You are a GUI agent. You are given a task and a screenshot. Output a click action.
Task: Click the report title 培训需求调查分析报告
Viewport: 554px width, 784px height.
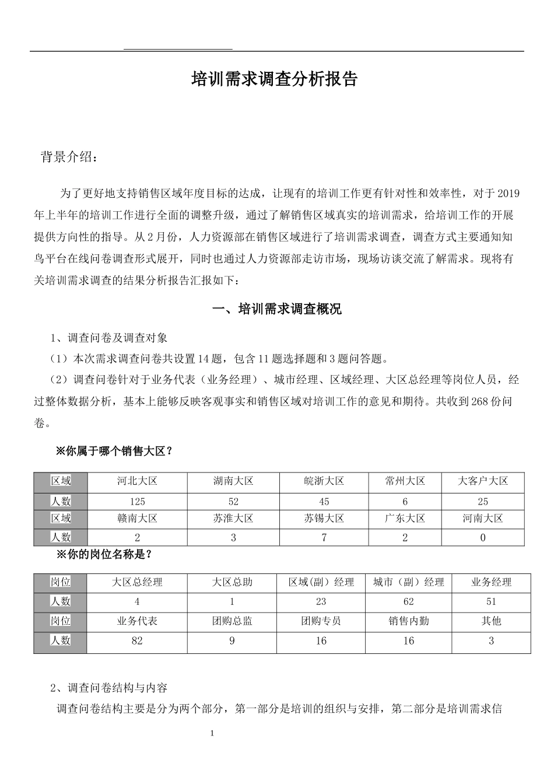(x=274, y=79)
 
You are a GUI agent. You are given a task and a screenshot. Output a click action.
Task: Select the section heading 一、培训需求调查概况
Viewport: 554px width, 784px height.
(x=276, y=309)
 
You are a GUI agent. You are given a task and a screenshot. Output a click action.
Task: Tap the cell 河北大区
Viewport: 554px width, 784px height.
(x=137, y=481)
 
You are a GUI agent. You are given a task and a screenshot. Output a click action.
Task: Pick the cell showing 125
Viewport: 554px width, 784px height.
(x=137, y=502)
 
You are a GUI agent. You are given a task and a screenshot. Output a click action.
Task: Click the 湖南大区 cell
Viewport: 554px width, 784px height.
(x=233, y=481)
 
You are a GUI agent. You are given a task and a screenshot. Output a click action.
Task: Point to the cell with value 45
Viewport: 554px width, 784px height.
(x=324, y=502)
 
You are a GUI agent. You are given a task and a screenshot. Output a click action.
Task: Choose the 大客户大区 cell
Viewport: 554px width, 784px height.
(x=482, y=481)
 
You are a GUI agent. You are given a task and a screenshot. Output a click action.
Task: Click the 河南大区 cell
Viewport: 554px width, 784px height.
(x=482, y=519)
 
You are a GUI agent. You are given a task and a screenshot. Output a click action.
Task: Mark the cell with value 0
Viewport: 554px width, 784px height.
(x=482, y=538)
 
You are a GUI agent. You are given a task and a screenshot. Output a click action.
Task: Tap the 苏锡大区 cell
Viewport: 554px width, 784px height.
(x=324, y=519)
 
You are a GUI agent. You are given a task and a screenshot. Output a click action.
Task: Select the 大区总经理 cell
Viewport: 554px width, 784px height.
(x=137, y=582)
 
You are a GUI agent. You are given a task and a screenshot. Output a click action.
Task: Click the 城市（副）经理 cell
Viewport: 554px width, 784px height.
(x=408, y=582)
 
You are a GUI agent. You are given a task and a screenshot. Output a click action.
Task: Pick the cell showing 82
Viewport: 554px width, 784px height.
(x=137, y=641)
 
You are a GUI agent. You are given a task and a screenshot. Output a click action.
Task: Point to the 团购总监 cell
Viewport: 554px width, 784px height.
(x=232, y=621)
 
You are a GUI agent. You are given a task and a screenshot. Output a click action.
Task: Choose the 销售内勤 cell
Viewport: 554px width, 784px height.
(x=408, y=621)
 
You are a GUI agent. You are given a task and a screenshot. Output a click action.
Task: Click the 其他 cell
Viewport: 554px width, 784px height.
(x=491, y=621)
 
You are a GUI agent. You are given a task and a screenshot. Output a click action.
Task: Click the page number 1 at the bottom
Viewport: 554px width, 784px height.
(x=212, y=733)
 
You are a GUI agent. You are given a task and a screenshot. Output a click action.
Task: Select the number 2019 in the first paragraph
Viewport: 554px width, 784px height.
(x=509, y=194)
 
